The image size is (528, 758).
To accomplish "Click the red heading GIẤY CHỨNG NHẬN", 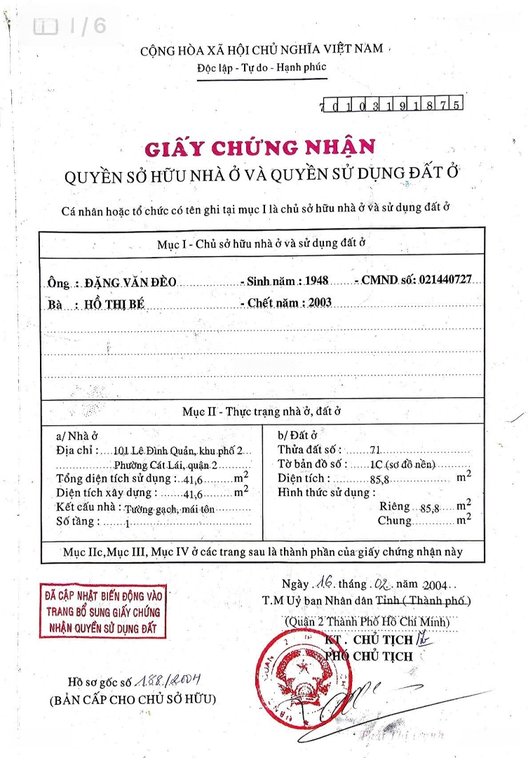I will [x=259, y=148].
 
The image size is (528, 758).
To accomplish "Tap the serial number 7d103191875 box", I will [x=391, y=105].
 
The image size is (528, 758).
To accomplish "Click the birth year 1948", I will [x=317, y=281].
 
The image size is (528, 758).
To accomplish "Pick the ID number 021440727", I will [x=445, y=279].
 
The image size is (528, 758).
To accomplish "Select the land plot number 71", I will [x=375, y=450].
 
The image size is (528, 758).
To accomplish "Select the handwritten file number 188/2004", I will [x=167, y=679].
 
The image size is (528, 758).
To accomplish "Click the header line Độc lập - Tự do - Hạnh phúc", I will [x=262, y=68].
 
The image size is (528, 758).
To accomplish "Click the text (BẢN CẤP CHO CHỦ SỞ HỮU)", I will [x=133, y=700].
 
